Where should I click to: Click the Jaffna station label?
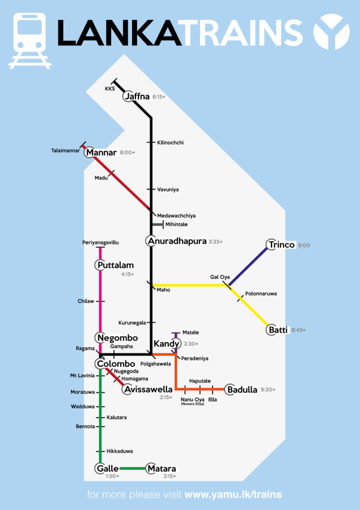(137, 97)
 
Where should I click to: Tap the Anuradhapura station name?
(177, 241)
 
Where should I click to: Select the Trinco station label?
(282, 245)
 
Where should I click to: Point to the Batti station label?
(278, 330)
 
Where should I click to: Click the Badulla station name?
(242, 390)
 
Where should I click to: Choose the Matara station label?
(162, 469)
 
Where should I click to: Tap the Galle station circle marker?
(100, 469)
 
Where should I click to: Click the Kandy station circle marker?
(175, 344)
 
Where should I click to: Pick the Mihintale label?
(176, 224)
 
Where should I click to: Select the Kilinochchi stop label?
(171, 143)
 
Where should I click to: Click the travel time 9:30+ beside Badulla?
(268, 390)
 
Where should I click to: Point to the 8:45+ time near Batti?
(298, 330)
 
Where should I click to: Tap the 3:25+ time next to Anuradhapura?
(215, 242)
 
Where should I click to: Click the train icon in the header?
(29, 40)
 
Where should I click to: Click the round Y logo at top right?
(331, 33)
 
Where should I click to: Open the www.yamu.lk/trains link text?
(233, 495)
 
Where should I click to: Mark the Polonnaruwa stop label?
(260, 295)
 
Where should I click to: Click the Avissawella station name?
(147, 390)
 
